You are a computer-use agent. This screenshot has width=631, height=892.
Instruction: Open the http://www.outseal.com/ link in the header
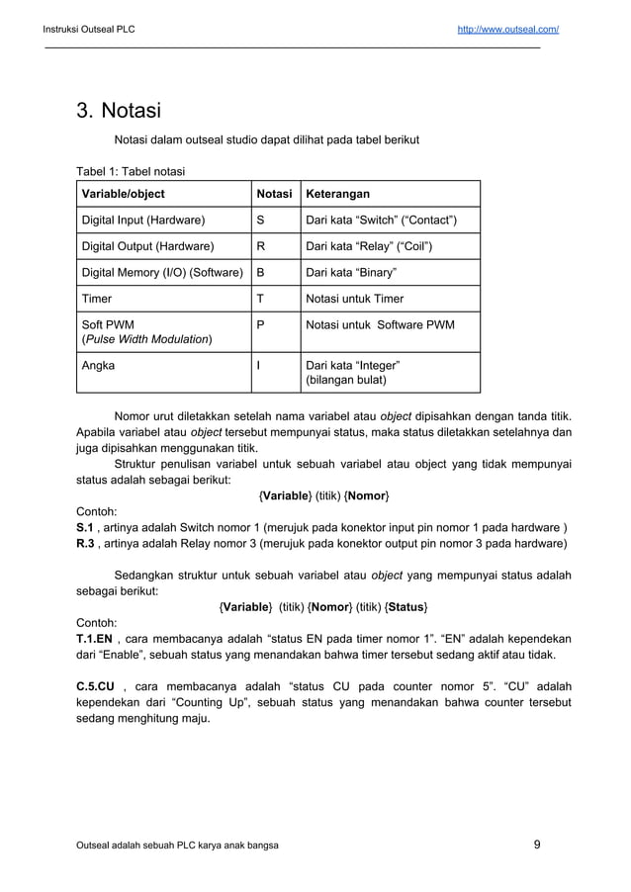pos(507,29)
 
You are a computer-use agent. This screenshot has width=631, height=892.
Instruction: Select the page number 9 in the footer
pos(536,845)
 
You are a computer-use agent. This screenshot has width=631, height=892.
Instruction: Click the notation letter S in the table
pos(261,220)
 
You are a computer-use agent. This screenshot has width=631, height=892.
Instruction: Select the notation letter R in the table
pos(261,246)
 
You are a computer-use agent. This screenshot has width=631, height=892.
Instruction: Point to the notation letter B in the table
pos(261,272)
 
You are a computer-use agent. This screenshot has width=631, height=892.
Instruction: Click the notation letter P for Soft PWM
pos(261,324)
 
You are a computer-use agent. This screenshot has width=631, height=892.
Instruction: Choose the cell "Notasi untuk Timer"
pos(355,299)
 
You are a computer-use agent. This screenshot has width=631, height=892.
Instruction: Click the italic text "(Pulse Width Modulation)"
pos(147,339)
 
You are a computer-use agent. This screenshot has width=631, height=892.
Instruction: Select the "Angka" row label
pos(98,365)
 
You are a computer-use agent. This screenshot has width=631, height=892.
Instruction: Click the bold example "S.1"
pos(87,527)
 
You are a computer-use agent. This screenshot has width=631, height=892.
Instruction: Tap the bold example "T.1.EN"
pos(96,638)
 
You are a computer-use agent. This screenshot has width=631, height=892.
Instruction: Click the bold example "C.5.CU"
pos(98,685)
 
